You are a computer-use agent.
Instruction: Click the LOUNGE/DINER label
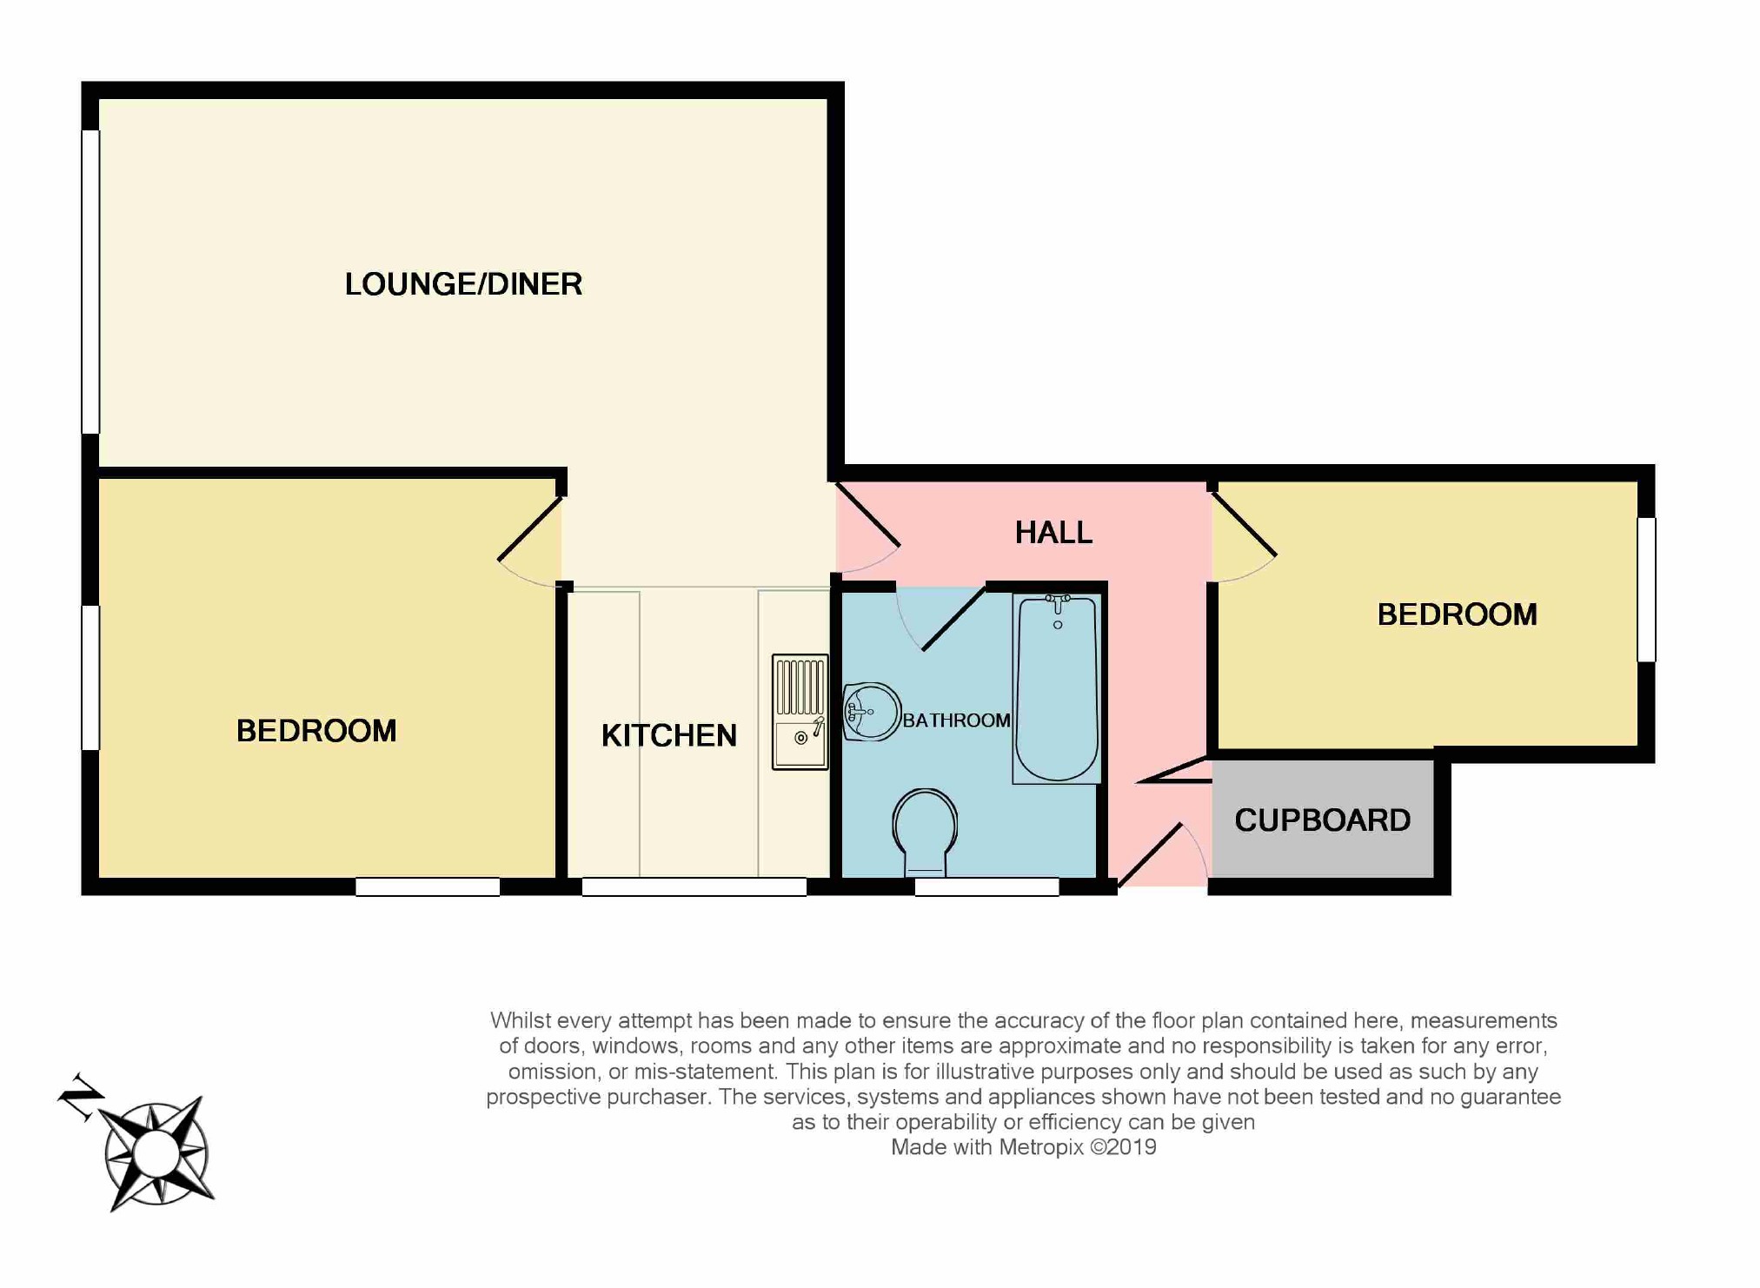click(x=463, y=284)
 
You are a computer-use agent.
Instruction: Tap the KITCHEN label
click(x=668, y=735)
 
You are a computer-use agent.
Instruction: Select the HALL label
click(x=1053, y=532)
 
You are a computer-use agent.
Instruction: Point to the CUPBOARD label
click(x=1322, y=820)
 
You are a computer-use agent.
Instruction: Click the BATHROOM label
click(x=956, y=720)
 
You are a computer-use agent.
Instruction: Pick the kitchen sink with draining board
click(x=800, y=712)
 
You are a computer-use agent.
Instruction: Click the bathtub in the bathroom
click(x=1057, y=687)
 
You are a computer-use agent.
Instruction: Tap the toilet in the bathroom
click(x=925, y=833)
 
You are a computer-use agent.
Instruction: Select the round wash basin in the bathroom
click(x=871, y=712)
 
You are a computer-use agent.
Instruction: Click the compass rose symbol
click(x=156, y=1153)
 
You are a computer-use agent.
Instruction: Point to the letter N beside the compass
click(x=81, y=1097)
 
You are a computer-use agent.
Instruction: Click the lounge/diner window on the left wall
click(x=90, y=282)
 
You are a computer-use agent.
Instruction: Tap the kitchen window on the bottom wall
click(x=694, y=886)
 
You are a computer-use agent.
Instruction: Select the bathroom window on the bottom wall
click(x=986, y=886)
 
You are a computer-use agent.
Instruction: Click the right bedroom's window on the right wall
click(x=1646, y=589)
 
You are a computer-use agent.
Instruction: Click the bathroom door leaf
click(x=953, y=618)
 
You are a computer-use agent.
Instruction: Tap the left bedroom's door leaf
click(x=530, y=528)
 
